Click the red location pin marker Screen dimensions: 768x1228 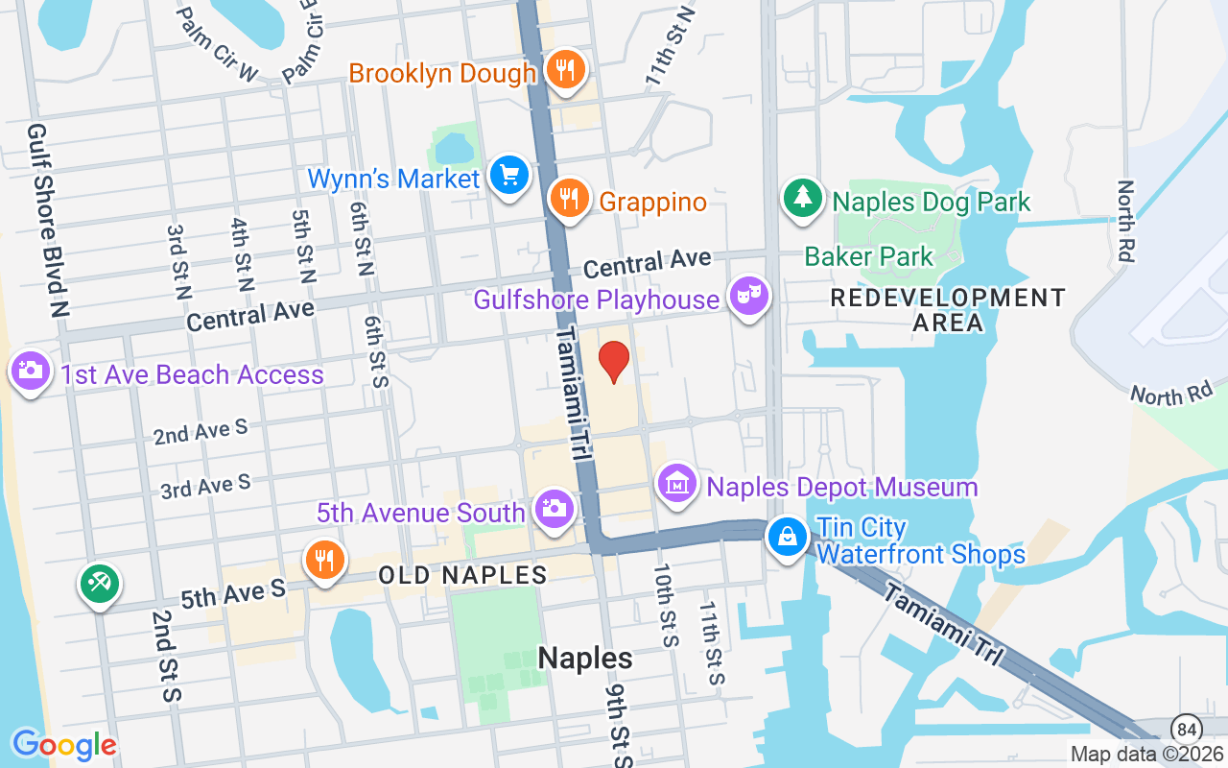tap(614, 362)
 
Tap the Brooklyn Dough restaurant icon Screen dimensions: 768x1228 tap(566, 70)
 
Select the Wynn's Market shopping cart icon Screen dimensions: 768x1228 tap(509, 177)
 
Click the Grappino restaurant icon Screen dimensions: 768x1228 tap(570, 199)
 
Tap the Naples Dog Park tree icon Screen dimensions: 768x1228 tap(802, 199)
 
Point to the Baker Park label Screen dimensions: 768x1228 tap(868, 256)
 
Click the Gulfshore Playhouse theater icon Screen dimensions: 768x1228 tap(748, 297)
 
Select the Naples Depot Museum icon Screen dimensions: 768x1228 tap(678, 484)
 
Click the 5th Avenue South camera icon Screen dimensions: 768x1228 tap(554, 510)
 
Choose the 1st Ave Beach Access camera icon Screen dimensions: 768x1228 tap(30, 371)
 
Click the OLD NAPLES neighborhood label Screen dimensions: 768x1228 tap(462, 575)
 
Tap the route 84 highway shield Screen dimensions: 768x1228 tap(1186, 727)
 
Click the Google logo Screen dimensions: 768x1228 tap(64, 744)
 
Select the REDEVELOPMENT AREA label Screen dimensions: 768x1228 tap(947, 310)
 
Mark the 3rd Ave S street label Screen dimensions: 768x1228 tap(205, 486)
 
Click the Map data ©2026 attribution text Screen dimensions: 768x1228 tap(1146, 755)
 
